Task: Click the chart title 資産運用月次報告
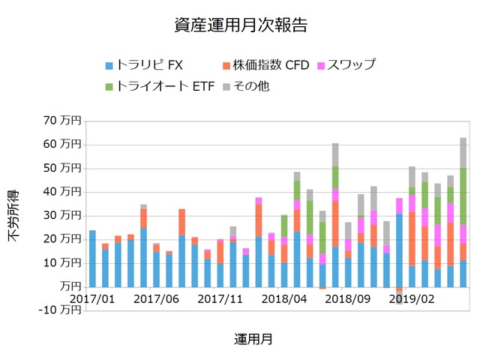[x=240, y=25]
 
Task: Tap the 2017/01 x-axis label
[x=92, y=298]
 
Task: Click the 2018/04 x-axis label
[x=284, y=298]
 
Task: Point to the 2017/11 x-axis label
[x=220, y=298]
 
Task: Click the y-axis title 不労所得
[x=14, y=215]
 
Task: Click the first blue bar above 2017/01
[x=92, y=259]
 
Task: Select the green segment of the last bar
[x=463, y=196]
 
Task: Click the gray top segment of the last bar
[x=463, y=153]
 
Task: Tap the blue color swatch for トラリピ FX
[x=109, y=65]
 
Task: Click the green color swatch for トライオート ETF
[x=109, y=87]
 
